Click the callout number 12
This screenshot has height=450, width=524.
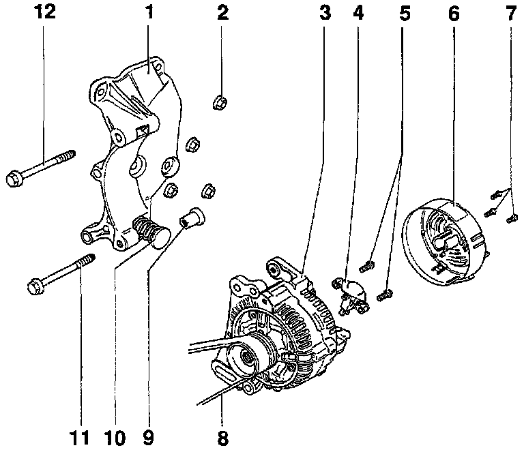click(x=44, y=12)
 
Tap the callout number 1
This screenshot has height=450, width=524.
click(x=149, y=12)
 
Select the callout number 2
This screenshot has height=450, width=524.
click(x=222, y=12)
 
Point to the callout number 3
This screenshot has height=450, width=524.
click(x=325, y=12)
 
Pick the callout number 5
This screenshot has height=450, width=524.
click(x=405, y=12)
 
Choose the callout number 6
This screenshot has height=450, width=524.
click(x=454, y=12)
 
